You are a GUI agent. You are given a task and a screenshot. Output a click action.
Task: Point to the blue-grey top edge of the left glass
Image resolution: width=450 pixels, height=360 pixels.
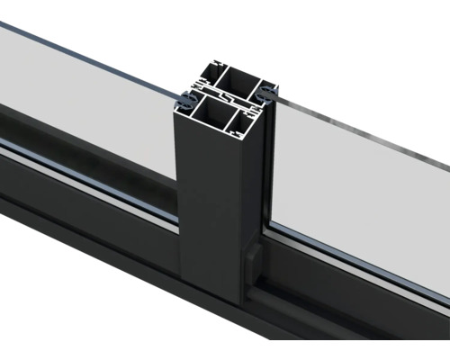tap(90, 49)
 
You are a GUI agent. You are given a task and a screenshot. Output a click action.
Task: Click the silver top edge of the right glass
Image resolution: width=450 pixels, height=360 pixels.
tap(360, 136)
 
